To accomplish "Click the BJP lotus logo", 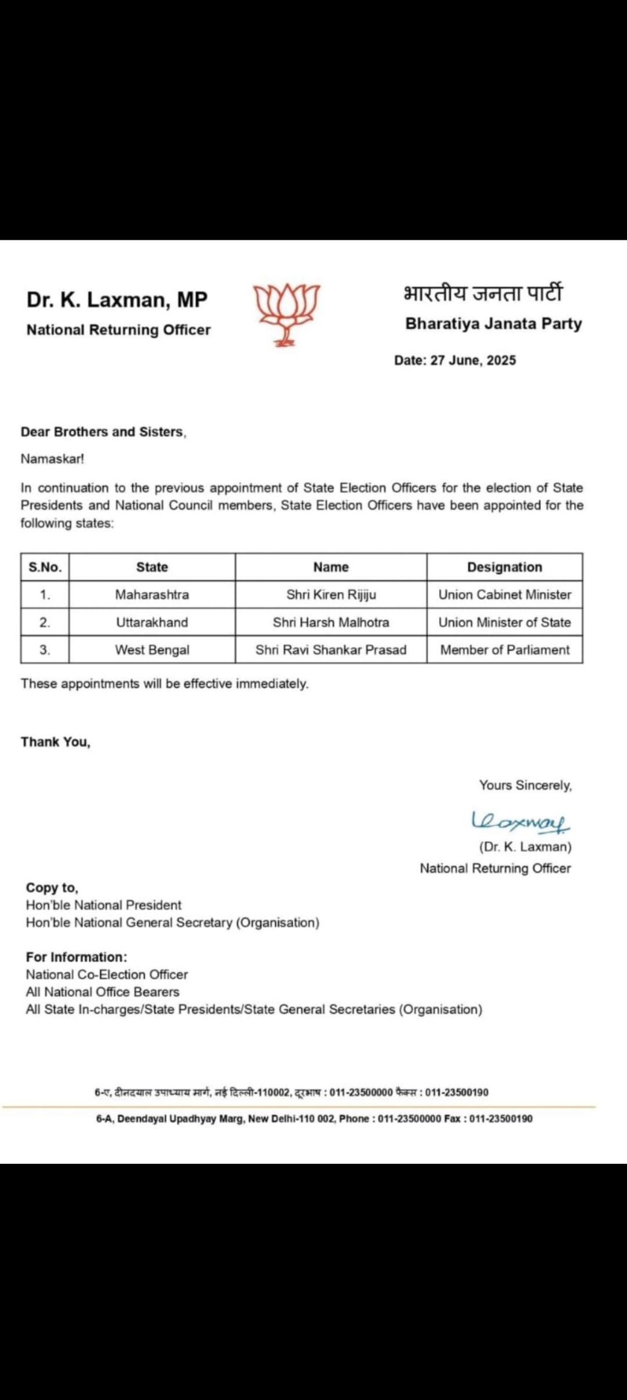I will [287, 314].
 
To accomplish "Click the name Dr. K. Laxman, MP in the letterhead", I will [117, 300].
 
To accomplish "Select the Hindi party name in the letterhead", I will [482, 293].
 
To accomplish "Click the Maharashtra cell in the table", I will [152, 594].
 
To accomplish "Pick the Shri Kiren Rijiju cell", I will [331, 594].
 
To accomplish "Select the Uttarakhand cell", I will [152, 622].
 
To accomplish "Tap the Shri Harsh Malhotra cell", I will [331, 622].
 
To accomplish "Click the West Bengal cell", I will [152, 650].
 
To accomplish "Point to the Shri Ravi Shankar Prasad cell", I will [331, 650].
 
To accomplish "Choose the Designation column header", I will [505, 567].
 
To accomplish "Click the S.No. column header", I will [45, 567].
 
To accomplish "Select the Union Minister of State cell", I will [505, 622].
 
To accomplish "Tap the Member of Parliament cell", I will [505, 650].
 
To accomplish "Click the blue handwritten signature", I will [521, 821].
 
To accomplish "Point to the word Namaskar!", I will [52, 459].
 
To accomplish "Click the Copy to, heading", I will [52, 887].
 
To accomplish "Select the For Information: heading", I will [76, 957].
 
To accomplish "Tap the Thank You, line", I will [56, 742].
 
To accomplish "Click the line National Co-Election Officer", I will [107, 975].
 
